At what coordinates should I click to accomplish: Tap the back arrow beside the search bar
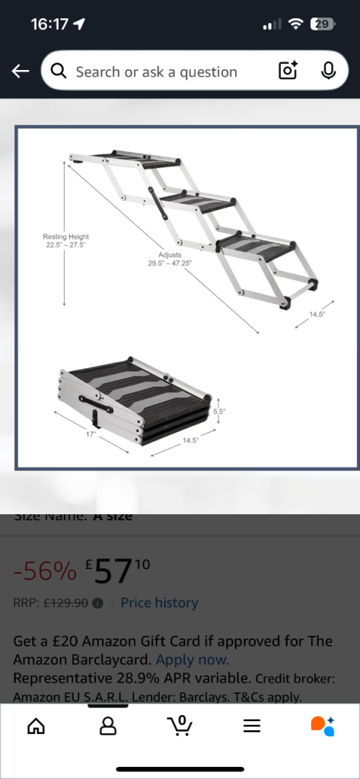point(20,72)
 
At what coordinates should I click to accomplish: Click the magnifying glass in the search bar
point(59,72)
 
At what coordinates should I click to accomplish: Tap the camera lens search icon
point(288,72)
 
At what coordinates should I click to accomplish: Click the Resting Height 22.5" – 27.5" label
point(65,240)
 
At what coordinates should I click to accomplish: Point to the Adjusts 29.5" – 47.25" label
point(170,259)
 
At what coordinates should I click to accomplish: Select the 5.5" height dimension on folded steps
point(218,410)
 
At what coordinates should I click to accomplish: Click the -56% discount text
point(45,571)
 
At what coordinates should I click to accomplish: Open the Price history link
point(159,603)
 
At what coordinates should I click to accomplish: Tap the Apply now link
point(192,660)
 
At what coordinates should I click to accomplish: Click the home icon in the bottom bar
point(35,727)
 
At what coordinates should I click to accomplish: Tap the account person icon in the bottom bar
point(108,727)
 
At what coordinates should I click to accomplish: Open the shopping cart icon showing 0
point(180,727)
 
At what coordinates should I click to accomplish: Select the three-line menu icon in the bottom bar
point(252,727)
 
